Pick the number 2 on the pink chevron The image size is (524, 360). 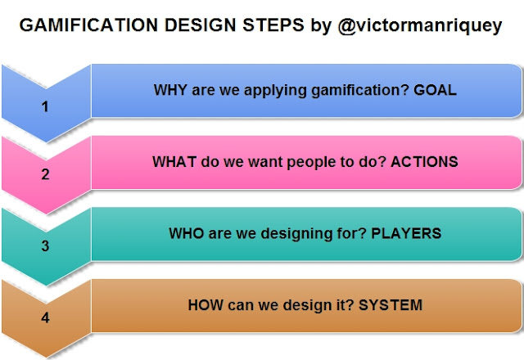point(46,173)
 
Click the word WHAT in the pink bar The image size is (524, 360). point(174,161)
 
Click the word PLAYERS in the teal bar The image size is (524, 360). point(406,233)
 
